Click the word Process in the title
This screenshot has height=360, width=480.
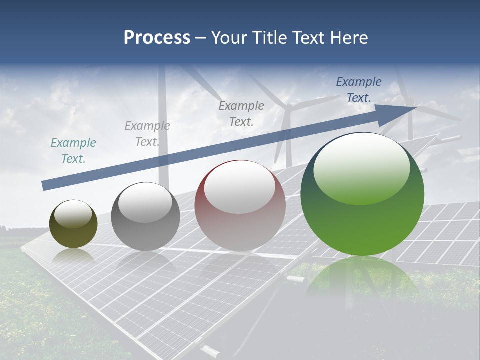coord(157,37)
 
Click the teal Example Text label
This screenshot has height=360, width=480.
coord(73,151)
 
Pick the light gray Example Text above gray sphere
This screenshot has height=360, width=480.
coord(147,134)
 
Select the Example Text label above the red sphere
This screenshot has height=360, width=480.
coord(241,113)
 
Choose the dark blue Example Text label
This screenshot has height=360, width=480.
coord(359,90)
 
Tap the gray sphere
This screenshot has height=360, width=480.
coord(145,217)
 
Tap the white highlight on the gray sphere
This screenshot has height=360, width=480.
coord(145,202)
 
